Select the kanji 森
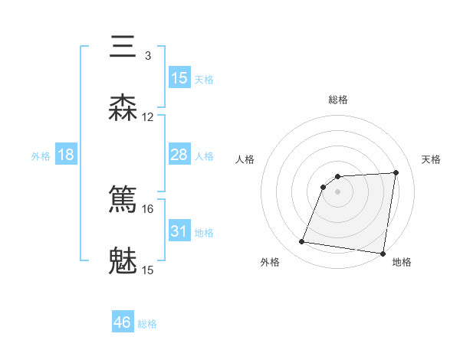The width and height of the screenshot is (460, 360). tap(123, 108)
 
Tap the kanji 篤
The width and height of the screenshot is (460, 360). tap(123, 200)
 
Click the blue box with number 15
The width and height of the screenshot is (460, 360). tap(179, 78)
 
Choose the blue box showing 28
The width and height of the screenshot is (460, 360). tap(179, 155)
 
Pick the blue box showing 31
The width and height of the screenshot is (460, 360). tap(179, 231)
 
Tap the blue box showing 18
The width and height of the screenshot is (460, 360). tap(66, 155)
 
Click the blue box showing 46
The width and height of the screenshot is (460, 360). tap(123, 322)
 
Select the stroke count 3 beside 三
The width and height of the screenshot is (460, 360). tap(147, 56)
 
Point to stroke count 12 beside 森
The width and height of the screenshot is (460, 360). tap(148, 117)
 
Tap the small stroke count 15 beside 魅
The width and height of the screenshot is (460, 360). tap(148, 270)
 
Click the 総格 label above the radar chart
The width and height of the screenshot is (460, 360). tap(338, 100)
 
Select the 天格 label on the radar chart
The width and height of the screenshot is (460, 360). tap(432, 159)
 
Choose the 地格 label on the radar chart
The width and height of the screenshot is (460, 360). tap(402, 262)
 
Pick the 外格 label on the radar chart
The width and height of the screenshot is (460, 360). tap(269, 262)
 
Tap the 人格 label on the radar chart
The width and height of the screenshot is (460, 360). tap(245, 159)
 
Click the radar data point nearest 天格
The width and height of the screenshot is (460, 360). tap(396, 172)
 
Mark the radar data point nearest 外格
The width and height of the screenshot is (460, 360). tap(302, 242)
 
